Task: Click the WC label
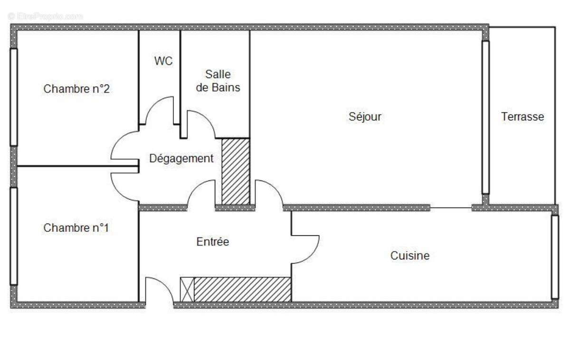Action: (x=163, y=61)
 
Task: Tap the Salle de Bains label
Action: (x=218, y=81)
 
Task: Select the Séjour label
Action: (x=365, y=116)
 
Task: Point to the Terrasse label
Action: (x=522, y=116)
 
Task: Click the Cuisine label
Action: (x=410, y=256)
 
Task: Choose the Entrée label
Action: (x=213, y=242)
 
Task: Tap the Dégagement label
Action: (x=181, y=159)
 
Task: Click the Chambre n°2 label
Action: (x=77, y=89)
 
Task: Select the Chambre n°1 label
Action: (x=76, y=228)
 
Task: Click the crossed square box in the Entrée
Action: (x=187, y=289)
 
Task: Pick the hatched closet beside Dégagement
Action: (x=236, y=171)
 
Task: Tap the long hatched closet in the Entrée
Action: (x=242, y=289)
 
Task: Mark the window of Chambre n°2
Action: (x=14, y=97)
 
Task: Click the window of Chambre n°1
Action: (x=14, y=236)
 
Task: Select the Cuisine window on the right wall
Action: (x=554, y=256)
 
